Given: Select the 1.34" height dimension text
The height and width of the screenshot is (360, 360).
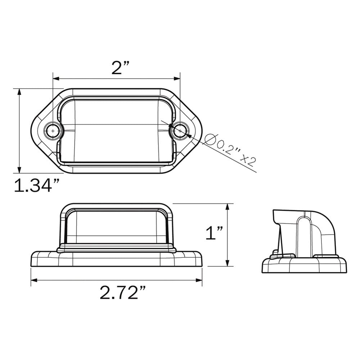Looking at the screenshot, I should click(x=36, y=186).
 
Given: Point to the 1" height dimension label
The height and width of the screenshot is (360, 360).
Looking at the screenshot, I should click(x=215, y=233).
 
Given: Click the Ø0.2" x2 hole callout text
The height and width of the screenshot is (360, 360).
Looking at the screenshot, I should click(x=230, y=149).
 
